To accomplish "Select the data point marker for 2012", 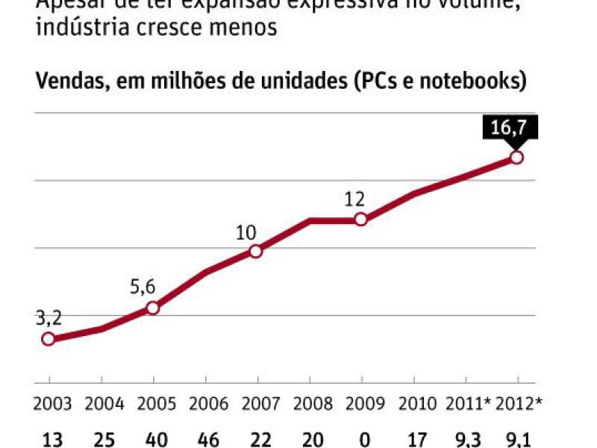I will [x=516, y=158].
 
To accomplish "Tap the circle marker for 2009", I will [x=360, y=220].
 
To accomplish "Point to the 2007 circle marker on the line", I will [x=256, y=251].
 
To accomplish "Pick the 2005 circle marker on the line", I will [x=152, y=308].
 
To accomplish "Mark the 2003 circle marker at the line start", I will [x=49, y=339].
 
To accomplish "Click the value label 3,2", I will [x=49, y=319].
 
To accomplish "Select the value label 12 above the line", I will [x=354, y=200].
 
